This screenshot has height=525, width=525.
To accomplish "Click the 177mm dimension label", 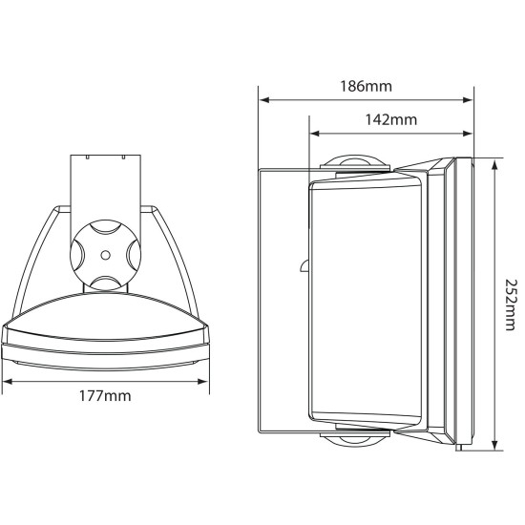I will pyautogui.click(x=105, y=393).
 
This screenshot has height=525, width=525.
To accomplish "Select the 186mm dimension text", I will pyautogui.click(x=367, y=86).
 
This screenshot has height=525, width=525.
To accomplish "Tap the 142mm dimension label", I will pyautogui.click(x=391, y=120).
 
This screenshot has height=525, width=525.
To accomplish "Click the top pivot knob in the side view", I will pyautogui.click(x=355, y=164).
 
